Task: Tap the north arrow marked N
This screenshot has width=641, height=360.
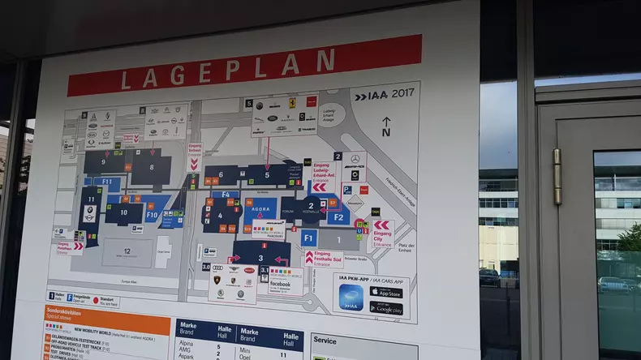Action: pos(385,126)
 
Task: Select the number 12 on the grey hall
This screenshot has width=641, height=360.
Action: pos(127,251)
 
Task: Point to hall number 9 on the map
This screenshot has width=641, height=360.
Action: pos(104,162)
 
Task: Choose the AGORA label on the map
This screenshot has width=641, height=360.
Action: pos(261,208)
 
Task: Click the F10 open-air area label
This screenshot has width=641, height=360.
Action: pos(151,216)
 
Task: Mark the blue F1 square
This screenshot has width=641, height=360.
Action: pos(308,238)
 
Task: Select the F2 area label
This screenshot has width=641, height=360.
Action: pos(338,216)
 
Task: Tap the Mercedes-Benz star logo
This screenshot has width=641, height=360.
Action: pos(355,160)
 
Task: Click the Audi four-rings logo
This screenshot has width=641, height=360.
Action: pos(217,268)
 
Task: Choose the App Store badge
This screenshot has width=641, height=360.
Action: pos(386,292)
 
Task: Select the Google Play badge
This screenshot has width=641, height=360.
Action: pos(386,307)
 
